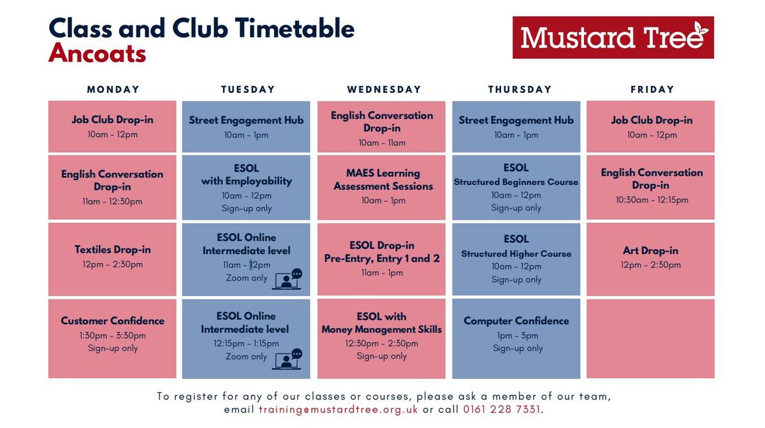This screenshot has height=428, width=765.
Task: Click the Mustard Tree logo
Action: [613, 38]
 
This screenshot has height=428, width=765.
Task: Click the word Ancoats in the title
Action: [98, 53]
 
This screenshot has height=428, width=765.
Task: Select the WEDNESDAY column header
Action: [384, 90]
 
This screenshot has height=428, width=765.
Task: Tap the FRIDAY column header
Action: [652, 90]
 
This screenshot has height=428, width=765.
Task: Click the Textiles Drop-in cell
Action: [112, 259]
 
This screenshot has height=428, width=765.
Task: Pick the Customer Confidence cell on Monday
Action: [112, 338]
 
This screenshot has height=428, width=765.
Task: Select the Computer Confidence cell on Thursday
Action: [516, 338]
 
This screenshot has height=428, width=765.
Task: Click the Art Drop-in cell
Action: [650, 259]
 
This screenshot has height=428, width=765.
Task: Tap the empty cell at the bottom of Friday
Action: [650, 338]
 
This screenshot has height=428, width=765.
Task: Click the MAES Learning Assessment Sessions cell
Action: [383, 187]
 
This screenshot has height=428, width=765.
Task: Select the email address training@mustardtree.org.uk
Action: [338, 410]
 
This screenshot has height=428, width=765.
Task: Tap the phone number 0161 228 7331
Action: [502, 410]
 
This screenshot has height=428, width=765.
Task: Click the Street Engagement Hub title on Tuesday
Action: [246, 120]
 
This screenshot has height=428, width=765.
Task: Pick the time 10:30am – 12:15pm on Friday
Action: [652, 200]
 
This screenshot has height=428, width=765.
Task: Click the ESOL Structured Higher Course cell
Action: [516, 259]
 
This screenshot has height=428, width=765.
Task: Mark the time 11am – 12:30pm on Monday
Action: [112, 202]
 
